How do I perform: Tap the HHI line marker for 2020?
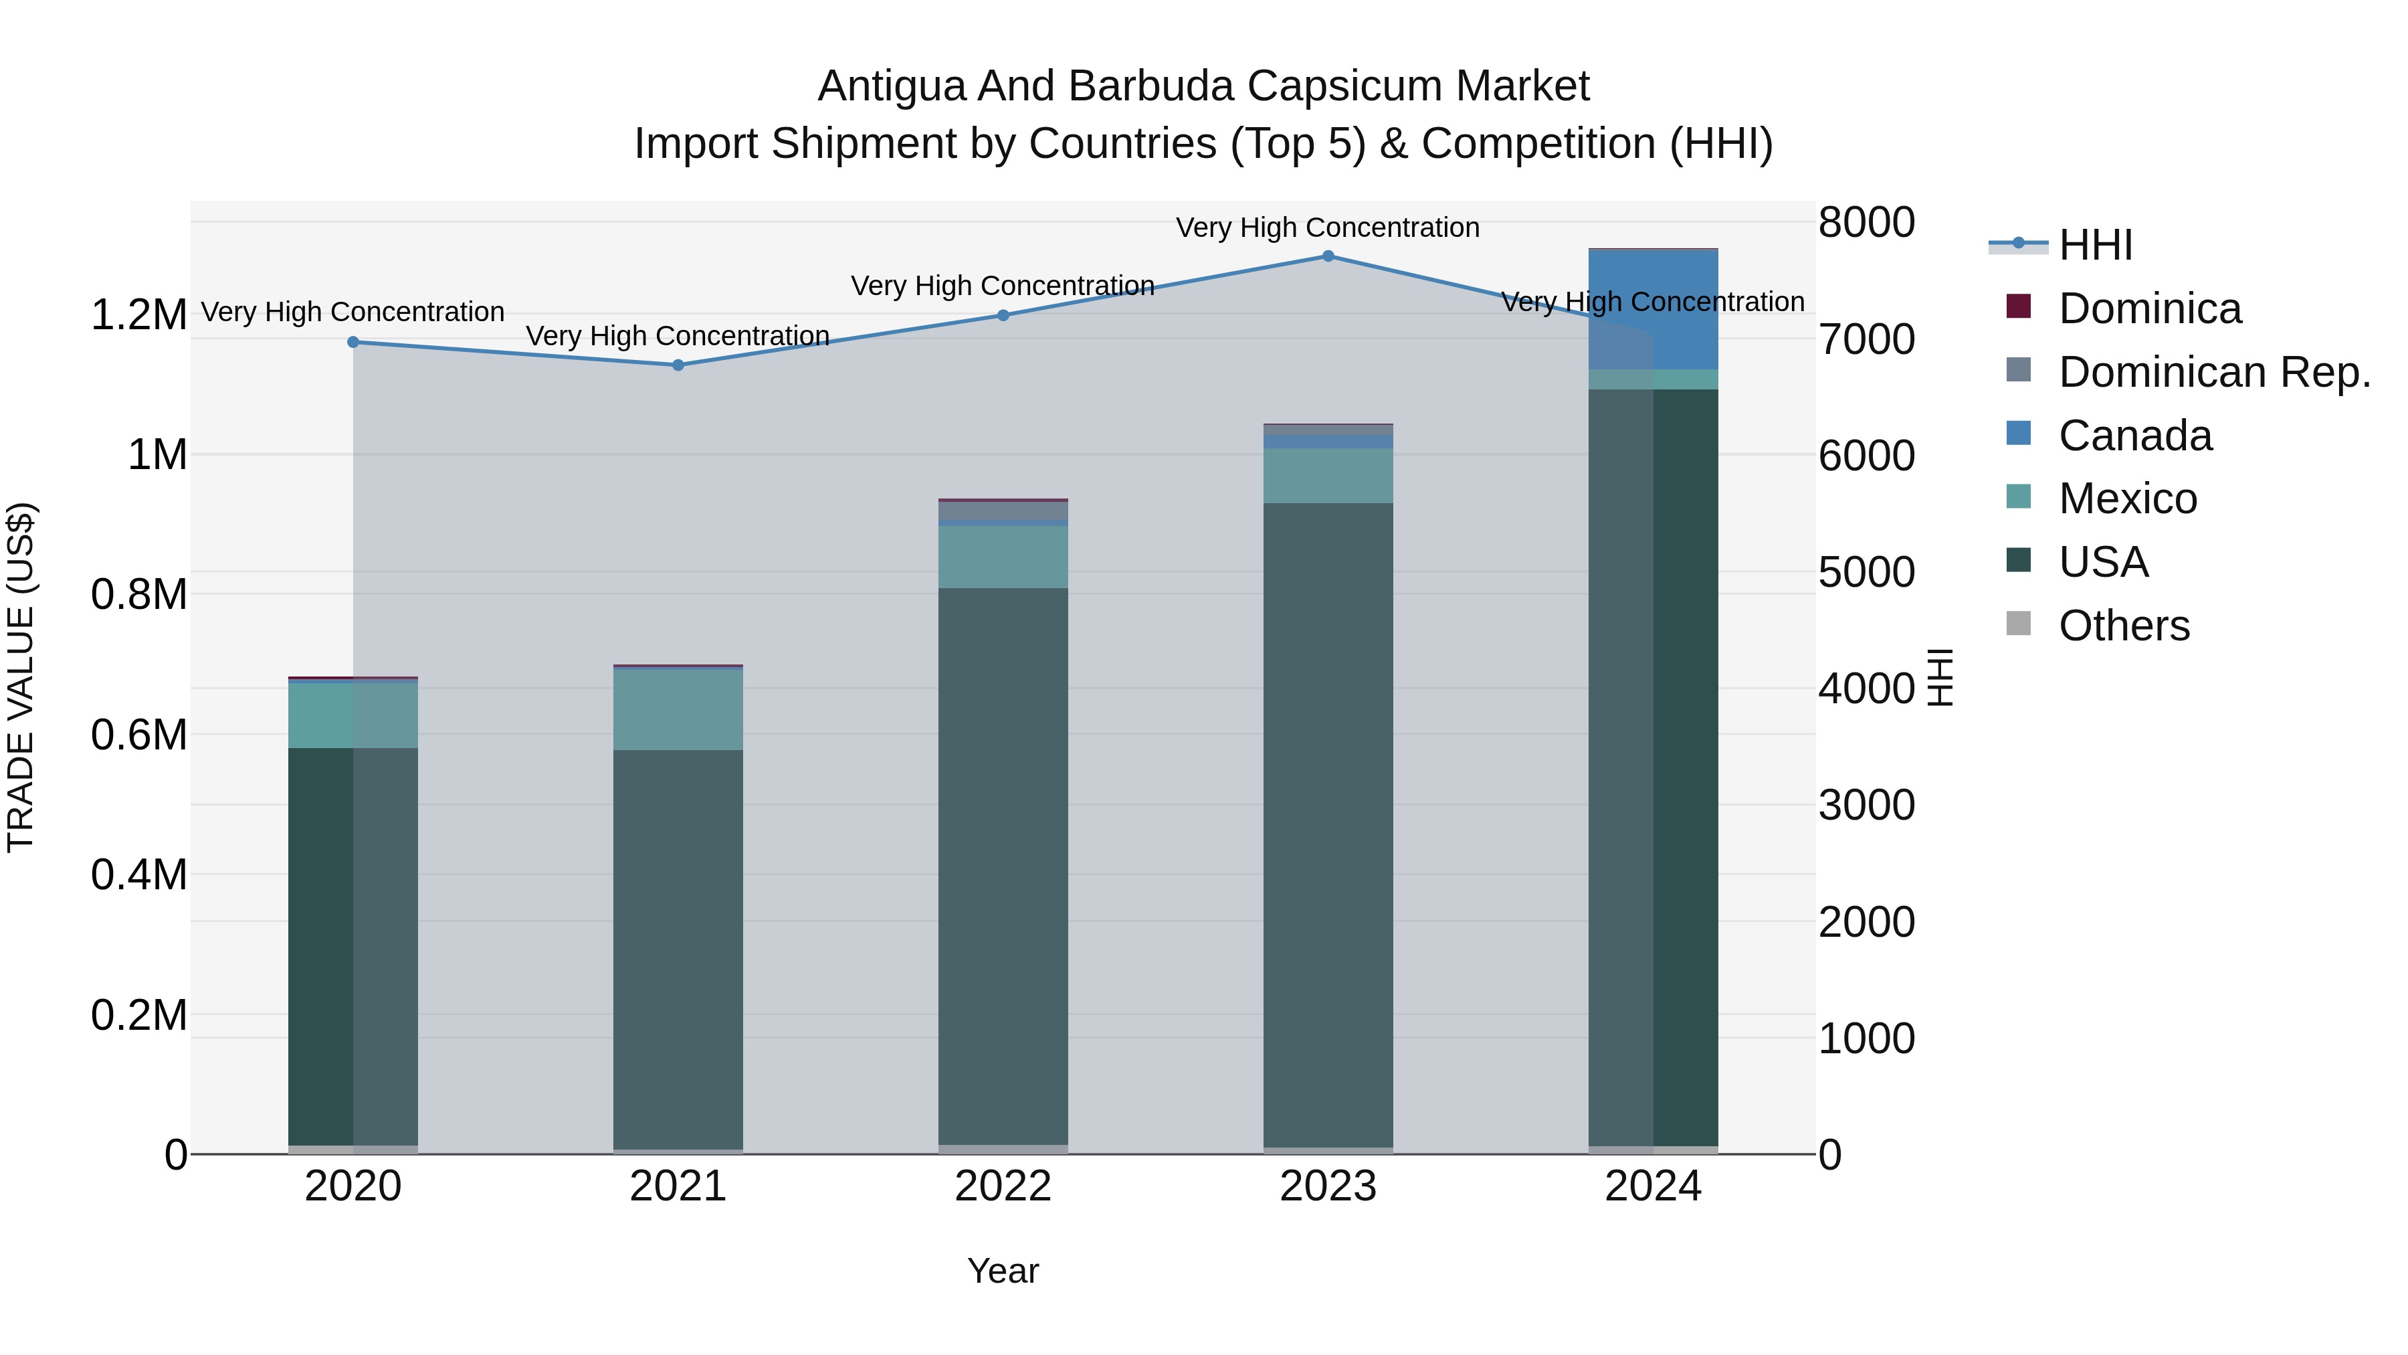click(x=353, y=342)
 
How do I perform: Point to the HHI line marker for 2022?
click(x=1003, y=315)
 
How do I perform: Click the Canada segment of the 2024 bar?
click(x=1653, y=310)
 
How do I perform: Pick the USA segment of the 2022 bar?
click(x=1003, y=865)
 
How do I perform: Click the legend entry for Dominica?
click(x=2149, y=308)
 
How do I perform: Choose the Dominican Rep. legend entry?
click(x=2213, y=372)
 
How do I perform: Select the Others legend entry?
click(x=2123, y=626)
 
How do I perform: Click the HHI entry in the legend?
click(x=2095, y=245)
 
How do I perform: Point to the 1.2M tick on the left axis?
click(x=138, y=315)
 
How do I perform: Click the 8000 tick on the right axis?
click(x=1866, y=223)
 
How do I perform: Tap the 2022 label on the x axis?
click(x=1003, y=1186)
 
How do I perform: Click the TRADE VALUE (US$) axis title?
click(x=21, y=677)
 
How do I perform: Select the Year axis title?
click(x=1003, y=1271)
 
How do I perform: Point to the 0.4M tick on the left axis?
click(x=138, y=875)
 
